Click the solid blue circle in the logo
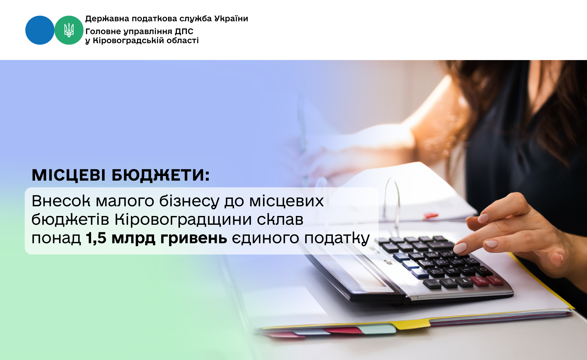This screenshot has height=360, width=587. tap(40, 30)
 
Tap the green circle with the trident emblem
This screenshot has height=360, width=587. tap(69, 30)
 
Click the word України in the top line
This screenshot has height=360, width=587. tap(231, 19)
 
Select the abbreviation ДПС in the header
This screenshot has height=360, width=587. tap(184, 31)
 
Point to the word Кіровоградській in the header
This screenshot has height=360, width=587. tap(128, 41)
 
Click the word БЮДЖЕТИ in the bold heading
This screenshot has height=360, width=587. tap(161, 175)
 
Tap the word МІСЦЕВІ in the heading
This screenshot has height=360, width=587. tap(69, 175)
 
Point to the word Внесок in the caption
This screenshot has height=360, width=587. tap(61, 201)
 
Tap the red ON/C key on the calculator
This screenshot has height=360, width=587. tap(495, 279)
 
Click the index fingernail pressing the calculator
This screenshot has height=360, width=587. tap(460, 248)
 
